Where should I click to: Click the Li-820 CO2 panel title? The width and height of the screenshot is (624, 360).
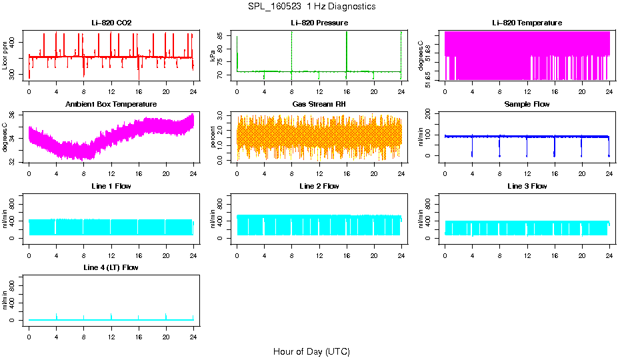(111, 23)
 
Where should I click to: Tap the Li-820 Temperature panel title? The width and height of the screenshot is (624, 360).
(527, 23)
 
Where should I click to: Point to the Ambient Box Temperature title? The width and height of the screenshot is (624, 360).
(111, 104)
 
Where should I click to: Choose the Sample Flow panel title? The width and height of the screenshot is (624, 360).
(527, 104)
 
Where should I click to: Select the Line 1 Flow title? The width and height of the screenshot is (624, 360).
(111, 186)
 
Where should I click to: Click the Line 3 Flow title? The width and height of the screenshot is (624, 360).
(527, 186)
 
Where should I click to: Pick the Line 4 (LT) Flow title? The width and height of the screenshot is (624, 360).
(111, 267)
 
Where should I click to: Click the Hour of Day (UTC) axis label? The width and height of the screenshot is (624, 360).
(311, 351)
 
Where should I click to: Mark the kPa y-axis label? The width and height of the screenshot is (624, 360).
(213, 56)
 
